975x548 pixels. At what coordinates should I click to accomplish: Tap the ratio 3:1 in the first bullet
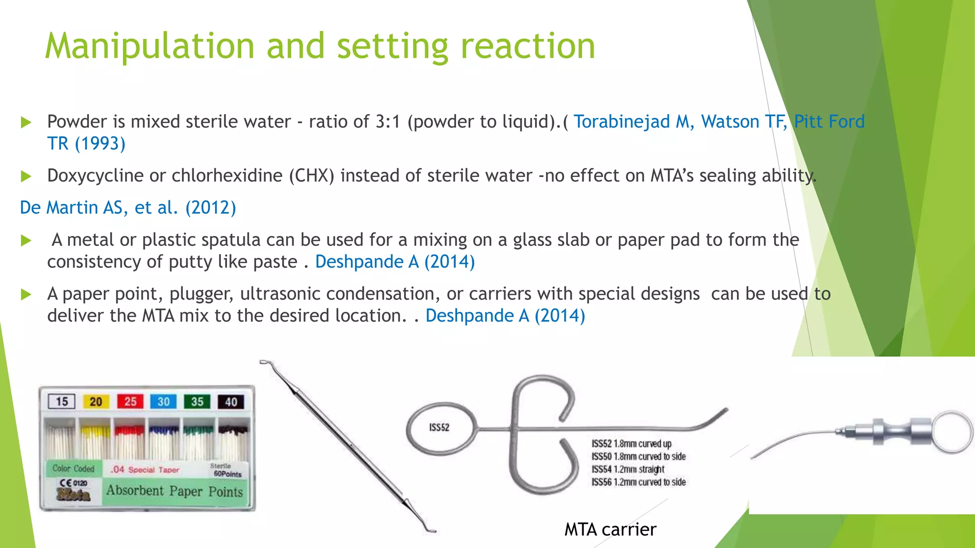[x=388, y=122]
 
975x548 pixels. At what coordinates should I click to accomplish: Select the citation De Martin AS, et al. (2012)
[x=128, y=208]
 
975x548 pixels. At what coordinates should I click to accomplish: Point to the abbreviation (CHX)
[x=311, y=176]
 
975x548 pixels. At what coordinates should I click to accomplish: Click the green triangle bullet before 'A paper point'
[x=26, y=294]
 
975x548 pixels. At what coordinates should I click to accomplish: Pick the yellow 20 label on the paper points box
[x=96, y=402]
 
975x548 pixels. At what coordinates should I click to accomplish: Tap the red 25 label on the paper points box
[x=130, y=402]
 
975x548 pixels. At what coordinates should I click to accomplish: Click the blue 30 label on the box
[x=163, y=402]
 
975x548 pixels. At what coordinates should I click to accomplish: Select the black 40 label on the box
[x=231, y=402]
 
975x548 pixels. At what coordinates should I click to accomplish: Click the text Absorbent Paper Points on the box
[x=174, y=491]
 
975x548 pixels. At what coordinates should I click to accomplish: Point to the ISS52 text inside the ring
[x=439, y=428]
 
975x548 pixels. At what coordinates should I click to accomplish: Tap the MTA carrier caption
[x=610, y=529]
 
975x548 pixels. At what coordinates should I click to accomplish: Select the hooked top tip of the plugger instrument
[x=267, y=364]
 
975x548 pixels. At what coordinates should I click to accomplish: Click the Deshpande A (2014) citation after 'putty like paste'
[x=395, y=262]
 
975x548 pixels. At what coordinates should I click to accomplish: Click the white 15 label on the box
[x=62, y=402]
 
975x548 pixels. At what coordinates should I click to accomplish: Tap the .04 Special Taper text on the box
[x=145, y=470]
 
